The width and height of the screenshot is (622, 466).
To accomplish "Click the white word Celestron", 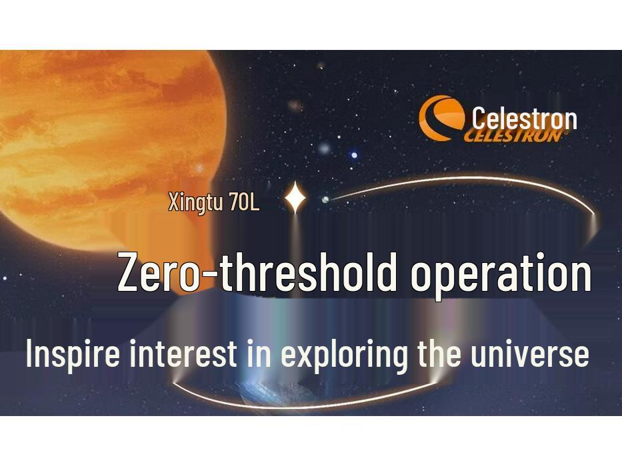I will (x=524, y=118).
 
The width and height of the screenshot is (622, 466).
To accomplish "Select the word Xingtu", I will (x=196, y=202).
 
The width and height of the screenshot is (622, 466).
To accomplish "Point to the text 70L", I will (x=244, y=202).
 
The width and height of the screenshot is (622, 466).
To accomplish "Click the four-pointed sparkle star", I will (x=295, y=198).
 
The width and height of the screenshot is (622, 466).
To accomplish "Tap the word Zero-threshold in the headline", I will (x=257, y=272).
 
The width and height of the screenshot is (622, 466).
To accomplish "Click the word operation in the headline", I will (x=501, y=274).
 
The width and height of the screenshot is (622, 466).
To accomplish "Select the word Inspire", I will (x=73, y=353).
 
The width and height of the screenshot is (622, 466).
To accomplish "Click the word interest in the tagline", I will (x=183, y=353).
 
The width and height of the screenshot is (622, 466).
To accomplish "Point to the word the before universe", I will (x=439, y=353).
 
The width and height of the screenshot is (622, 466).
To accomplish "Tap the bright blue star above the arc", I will (x=354, y=155).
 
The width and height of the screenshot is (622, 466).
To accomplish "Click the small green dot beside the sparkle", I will (x=325, y=199).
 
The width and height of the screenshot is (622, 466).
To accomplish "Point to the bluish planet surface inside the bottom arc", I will (x=280, y=393).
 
